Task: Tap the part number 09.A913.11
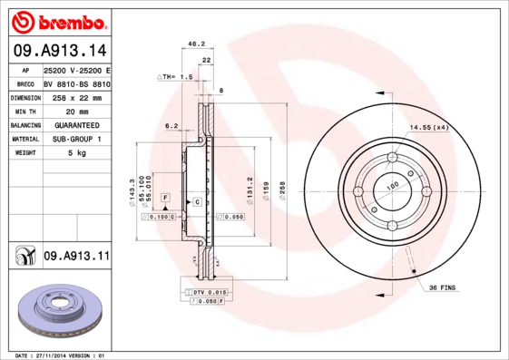(76, 257)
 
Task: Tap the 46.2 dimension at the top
(196, 43)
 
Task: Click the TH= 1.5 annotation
(180, 78)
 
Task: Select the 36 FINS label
(444, 287)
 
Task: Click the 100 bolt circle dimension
(394, 187)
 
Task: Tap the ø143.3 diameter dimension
(133, 192)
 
